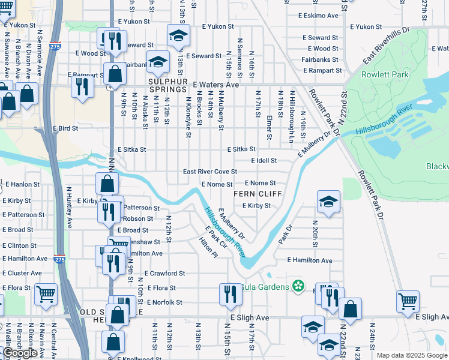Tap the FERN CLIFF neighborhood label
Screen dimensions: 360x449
tap(252, 193)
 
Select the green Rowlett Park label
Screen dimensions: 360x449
tap(384, 74)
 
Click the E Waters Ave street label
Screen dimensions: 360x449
tap(215, 85)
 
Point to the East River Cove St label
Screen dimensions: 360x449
tap(210, 172)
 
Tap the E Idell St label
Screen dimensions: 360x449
tap(264, 161)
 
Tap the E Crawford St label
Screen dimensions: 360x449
tap(165, 274)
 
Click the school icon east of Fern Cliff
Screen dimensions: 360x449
tap(328, 202)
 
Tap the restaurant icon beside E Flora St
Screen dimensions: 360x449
tap(228, 294)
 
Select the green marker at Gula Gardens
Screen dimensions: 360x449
tap(297, 286)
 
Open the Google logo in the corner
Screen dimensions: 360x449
tap(20, 353)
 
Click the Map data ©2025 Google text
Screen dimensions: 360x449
tap(412, 356)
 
